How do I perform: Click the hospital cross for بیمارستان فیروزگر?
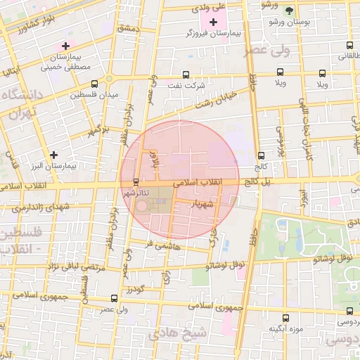coord(214,22)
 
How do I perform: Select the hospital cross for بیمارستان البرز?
coord(53,154)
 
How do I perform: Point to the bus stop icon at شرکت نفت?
coord(186,74)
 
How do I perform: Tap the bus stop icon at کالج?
coord(262,156)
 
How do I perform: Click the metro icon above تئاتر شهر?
coord(136,181)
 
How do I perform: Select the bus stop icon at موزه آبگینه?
coord(285,317)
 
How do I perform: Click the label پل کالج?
coord(256,181)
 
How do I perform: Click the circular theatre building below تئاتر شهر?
coord(143,206)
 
